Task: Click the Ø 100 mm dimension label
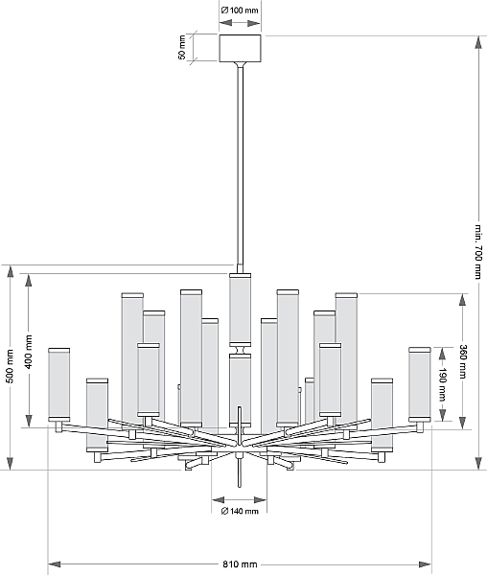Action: [240, 11]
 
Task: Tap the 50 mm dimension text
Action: [182, 48]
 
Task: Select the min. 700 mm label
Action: [478, 251]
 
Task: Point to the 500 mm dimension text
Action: [11, 366]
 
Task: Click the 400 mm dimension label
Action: [30, 352]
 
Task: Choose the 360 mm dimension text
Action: [463, 361]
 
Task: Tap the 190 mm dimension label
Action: [443, 384]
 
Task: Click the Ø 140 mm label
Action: [240, 511]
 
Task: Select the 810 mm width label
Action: [240, 564]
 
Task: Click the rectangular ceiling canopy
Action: [241, 48]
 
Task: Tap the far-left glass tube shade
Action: [59, 384]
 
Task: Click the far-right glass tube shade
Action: [420, 384]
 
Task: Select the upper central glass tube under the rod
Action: [241, 310]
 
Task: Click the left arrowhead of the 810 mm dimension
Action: [54, 564]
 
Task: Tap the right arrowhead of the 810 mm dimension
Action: [426, 564]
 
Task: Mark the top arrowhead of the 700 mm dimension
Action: [478, 42]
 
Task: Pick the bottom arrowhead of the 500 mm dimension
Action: [11, 464]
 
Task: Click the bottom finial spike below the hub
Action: [240, 473]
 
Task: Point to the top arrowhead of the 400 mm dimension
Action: [29, 280]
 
